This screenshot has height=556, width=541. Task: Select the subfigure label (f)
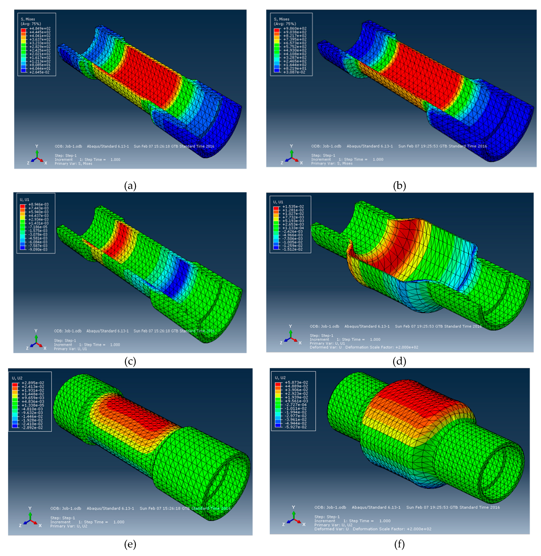tap(399, 544)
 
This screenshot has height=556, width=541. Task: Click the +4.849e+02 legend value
tap(40, 28)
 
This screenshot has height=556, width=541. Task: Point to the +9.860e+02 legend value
tap(295, 28)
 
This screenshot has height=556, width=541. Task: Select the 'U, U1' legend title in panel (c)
tap(24, 200)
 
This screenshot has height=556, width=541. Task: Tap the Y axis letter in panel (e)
tap(30, 508)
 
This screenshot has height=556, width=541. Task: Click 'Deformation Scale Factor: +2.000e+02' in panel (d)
tap(382, 347)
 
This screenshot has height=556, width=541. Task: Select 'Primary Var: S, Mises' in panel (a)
tap(73, 164)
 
